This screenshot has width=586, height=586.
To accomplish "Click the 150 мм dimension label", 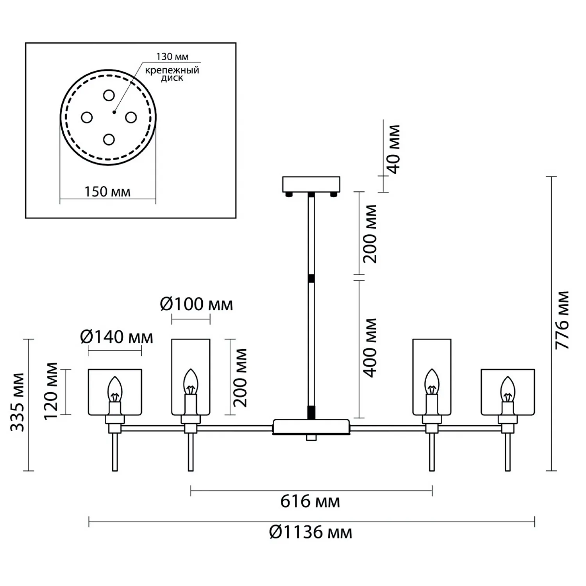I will [107, 192].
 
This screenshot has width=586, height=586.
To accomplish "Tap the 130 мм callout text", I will [172, 57].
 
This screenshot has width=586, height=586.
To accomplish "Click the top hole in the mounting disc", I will [109, 95].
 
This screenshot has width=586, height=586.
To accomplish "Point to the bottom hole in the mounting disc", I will [109, 139].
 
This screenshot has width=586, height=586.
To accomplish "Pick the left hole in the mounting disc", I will [86, 117].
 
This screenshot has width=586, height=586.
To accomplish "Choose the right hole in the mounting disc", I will [131, 117].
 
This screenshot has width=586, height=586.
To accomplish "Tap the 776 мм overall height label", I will [563, 320].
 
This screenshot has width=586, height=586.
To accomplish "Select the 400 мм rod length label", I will [370, 348].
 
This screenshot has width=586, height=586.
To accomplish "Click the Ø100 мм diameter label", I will [197, 304].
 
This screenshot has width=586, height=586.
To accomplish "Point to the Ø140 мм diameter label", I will [116, 337].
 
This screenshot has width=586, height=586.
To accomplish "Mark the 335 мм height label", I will [18, 402].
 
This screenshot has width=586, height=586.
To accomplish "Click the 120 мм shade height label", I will [51, 391].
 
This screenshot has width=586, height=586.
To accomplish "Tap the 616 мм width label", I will [310, 501].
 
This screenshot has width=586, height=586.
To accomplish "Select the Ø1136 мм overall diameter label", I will [311, 532].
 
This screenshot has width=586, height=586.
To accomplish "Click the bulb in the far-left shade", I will [115, 389].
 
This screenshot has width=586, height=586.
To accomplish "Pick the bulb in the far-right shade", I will [508, 389].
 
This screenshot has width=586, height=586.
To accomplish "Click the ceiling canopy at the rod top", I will [311, 184].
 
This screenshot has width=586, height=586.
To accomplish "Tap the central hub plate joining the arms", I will [311, 427].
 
